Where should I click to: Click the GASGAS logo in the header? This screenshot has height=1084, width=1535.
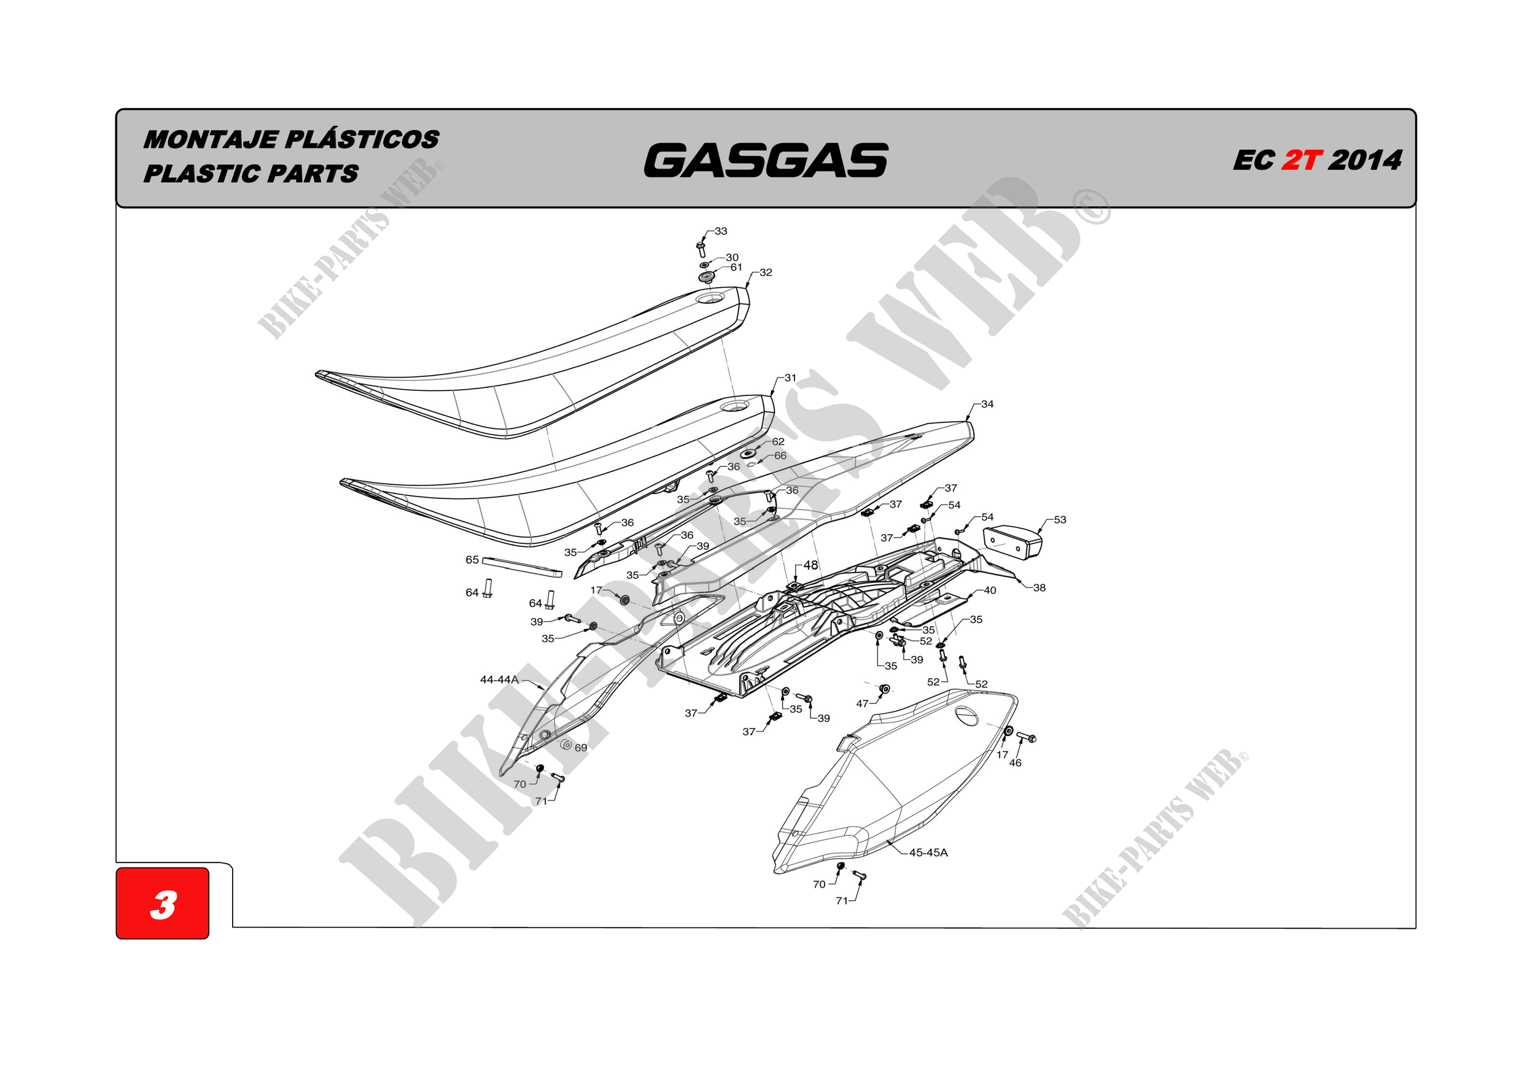[x=766, y=161]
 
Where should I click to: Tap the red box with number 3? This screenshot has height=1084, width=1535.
[x=163, y=904]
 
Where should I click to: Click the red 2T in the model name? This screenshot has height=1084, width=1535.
[x=1301, y=160]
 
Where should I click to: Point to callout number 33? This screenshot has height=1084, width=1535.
[x=721, y=231]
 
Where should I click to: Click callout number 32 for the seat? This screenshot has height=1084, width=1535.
[x=766, y=273]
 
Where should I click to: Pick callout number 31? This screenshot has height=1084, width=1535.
[x=790, y=378]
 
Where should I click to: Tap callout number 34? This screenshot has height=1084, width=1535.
[x=987, y=405]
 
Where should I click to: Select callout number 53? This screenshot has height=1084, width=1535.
[x=1060, y=520]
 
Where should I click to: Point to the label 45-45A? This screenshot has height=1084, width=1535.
[x=928, y=853]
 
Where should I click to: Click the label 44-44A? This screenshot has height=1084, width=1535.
[x=499, y=679]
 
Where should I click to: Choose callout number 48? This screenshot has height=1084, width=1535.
[x=810, y=565]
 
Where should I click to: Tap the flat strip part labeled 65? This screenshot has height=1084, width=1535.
[x=522, y=567]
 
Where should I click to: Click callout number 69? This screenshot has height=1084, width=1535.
[x=580, y=748]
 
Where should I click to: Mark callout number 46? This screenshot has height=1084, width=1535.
[x=1015, y=762]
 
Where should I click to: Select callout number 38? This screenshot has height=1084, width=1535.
[x=1039, y=588]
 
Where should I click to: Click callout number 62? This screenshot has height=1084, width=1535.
[x=778, y=442]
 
